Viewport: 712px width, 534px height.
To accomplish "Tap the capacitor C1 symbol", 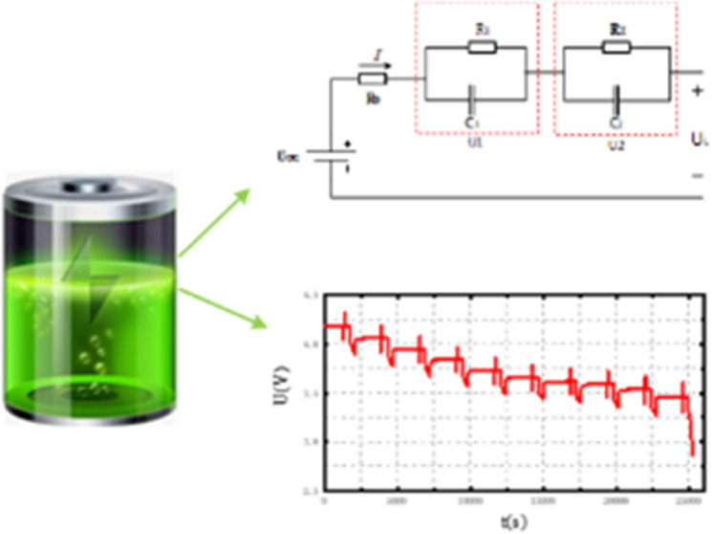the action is (475, 98).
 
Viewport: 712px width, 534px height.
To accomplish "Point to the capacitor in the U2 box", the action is (619, 98).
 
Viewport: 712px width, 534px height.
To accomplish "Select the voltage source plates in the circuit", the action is (330, 158).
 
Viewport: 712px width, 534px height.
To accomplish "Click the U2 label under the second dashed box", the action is (617, 145).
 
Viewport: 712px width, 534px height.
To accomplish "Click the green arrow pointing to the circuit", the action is (215, 220).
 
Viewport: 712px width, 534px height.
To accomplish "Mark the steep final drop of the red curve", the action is (689, 431).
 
